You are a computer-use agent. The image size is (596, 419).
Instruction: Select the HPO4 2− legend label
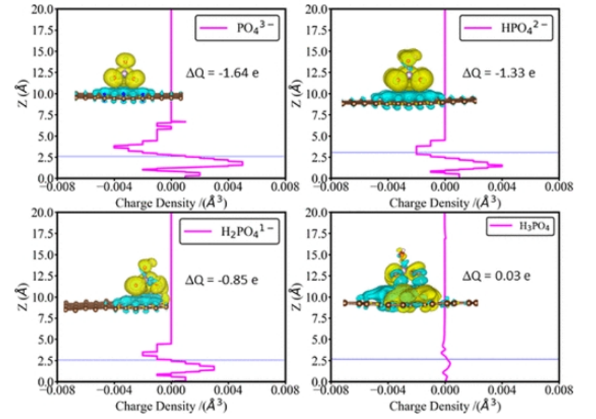pos(525,28)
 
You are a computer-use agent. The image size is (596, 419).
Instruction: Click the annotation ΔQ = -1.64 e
pos(223,72)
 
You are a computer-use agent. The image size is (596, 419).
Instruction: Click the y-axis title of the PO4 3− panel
pos(21,93)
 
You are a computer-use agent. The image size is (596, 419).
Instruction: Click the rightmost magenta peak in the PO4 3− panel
pos(242,163)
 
